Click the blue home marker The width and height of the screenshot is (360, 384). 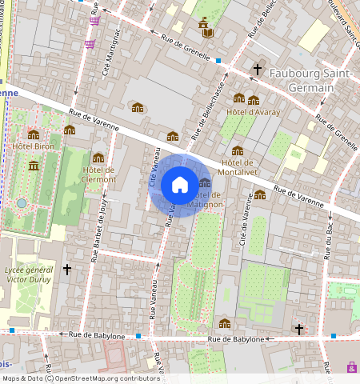(x=180, y=185)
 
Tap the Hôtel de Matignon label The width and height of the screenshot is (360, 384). (x=206, y=200)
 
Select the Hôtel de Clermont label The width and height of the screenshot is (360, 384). (x=98, y=174)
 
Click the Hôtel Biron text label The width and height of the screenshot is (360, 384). (x=33, y=146)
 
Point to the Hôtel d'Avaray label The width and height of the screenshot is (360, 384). (x=253, y=112)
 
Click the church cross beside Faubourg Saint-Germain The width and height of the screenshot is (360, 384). (x=258, y=70)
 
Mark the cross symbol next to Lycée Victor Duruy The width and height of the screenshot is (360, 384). (x=67, y=270)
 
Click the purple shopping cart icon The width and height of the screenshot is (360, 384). (x=94, y=21)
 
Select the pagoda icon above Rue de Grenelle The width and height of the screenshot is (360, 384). (x=206, y=27)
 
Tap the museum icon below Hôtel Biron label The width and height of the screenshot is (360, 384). (x=34, y=165)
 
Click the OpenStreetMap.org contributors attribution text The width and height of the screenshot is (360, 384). (x=108, y=378)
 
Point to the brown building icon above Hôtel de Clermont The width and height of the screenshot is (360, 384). (x=98, y=158)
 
